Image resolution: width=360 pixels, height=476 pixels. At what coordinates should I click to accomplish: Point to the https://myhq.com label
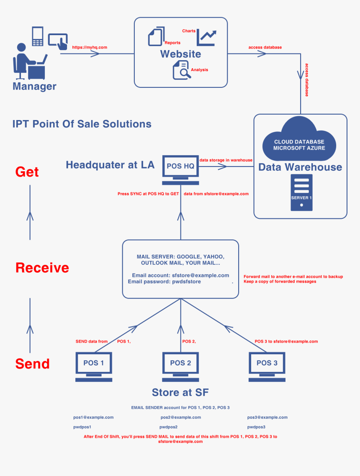(90, 47)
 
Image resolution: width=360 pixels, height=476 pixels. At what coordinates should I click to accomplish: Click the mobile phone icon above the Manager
(38, 36)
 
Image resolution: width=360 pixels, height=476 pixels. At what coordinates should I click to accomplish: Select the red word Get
(27, 172)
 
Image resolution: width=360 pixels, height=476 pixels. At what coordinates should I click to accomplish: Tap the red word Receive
(42, 268)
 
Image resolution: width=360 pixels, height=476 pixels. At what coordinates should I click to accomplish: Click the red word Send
(33, 363)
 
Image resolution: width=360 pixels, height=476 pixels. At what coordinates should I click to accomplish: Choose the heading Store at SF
(180, 392)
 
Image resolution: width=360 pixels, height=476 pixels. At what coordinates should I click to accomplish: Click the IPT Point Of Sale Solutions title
(82, 124)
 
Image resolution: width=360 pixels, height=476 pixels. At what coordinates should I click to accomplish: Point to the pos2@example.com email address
(181, 417)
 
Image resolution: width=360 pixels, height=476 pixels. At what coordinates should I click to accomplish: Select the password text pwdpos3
(256, 427)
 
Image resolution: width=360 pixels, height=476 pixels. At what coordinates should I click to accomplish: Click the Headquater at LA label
(110, 165)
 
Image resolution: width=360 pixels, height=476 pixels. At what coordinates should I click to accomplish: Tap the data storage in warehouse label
(226, 160)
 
